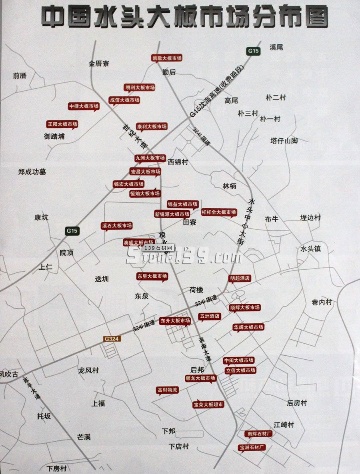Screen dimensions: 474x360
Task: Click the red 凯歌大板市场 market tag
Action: coord(167,58)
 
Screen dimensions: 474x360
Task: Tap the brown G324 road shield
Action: coord(112,339)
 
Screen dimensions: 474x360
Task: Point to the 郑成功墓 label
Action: coord(32,171)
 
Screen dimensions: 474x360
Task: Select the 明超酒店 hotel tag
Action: coord(240,278)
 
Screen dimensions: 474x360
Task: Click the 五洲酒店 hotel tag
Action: coord(210,316)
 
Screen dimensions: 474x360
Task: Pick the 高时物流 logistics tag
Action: coord(168,390)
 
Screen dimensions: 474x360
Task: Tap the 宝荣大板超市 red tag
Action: coord(208,404)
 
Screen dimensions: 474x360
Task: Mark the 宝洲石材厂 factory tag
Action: coord(252,447)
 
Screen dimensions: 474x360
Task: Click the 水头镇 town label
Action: coord(311,249)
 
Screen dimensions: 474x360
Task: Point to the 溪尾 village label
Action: coord(276,47)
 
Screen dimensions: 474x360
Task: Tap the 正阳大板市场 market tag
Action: coord(62,124)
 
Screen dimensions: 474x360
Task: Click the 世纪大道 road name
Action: coord(134,136)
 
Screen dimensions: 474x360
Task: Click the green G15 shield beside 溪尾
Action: coord(253,51)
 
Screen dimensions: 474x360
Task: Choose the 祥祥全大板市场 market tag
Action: coord(219,212)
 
